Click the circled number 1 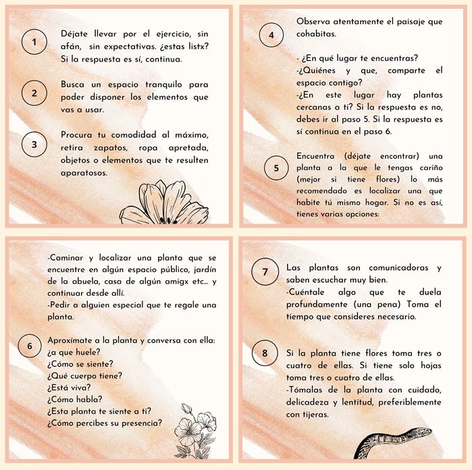(x=34, y=42)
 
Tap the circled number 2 (x=34, y=93)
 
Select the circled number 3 (x=34, y=145)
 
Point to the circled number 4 (x=271, y=35)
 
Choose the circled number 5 (x=276, y=167)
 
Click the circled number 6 (x=30, y=346)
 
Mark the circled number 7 (x=265, y=271)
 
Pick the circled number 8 (x=265, y=353)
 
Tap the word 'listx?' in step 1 (x=199, y=47)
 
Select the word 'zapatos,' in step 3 (x=111, y=148)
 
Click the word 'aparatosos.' (x=84, y=173)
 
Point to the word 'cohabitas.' (x=316, y=34)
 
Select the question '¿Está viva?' (x=69, y=388)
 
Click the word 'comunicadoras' (x=398, y=267)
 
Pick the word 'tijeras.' (x=316, y=415)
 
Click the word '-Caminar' (x=65, y=258)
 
